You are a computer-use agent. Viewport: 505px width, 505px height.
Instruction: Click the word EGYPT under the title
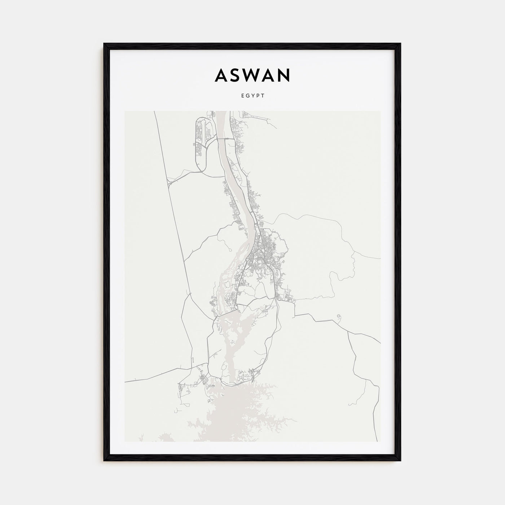252,96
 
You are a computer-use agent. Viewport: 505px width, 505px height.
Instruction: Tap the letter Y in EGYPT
252,96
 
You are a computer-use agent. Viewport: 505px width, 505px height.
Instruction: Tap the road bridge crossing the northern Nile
224,139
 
